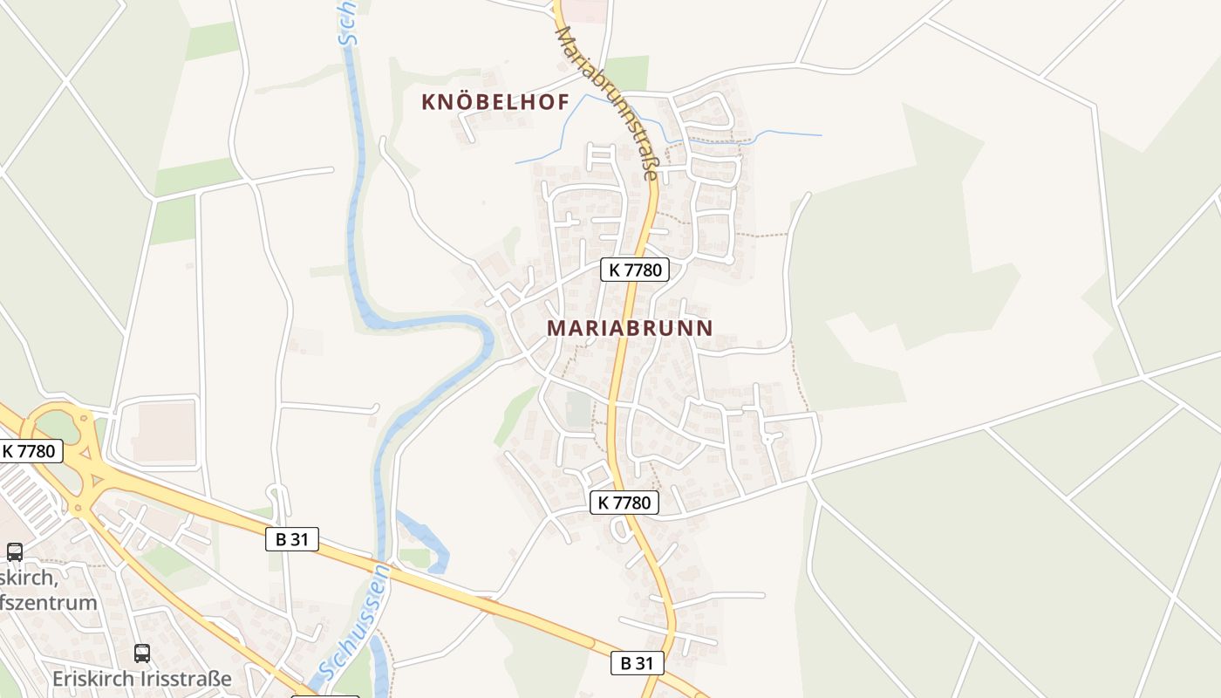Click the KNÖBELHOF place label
pos(495,102)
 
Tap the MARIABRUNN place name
pos(630,328)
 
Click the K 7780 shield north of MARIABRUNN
pos(635,270)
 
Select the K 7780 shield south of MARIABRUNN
pos(624,503)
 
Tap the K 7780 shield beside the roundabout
pos(31,451)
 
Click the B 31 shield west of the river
pos(292,539)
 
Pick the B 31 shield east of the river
pos(637,663)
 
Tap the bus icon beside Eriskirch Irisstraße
pos(142,653)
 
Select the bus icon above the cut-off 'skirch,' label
pos(15,551)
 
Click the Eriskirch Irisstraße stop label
pos(142,678)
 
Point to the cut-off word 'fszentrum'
pos(48,602)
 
